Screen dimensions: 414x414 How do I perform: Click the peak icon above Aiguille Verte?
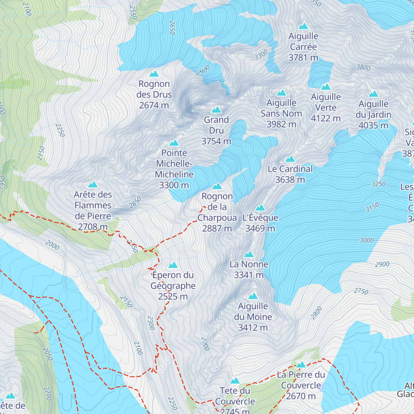pyautogui.click(x=326, y=87)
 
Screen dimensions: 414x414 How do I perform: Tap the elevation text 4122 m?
pyautogui.click(x=326, y=118)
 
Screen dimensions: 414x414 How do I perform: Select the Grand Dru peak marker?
pyautogui.click(x=216, y=110)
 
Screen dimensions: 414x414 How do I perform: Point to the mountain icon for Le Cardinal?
pyautogui.click(x=290, y=159)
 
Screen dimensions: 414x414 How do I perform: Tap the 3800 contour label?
pyautogui.click(x=363, y=68)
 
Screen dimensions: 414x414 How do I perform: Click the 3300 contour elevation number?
pyautogui.click(x=261, y=55)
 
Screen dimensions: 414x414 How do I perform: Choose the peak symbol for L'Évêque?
pyautogui.click(x=260, y=208)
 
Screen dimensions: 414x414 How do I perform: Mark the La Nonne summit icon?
pyautogui.click(x=249, y=254)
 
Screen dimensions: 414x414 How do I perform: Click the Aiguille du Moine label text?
pyautogui.click(x=253, y=312)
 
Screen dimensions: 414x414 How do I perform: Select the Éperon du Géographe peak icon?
pyautogui.click(x=173, y=265)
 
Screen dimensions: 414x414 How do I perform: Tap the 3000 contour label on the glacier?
pyautogui.click(x=366, y=240)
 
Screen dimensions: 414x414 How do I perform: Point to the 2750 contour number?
pyautogui.click(x=361, y=291)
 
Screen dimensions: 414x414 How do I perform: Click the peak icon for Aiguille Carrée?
pyautogui.click(x=303, y=26)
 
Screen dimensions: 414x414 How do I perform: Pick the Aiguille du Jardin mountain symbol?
pyautogui.click(x=373, y=94)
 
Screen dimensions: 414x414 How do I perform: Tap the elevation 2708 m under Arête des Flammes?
pyautogui.click(x=93, y=227)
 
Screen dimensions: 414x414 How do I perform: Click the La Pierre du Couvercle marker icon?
pyautogui.click(x=301, y=365)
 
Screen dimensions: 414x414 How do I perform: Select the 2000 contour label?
pyautogui.click(x=52, y=245)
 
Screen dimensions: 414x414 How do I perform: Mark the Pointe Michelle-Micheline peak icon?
pyautogui.click(x=174, y=143)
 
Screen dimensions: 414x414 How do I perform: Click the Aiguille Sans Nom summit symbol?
pyautogui.click(x=282, y=93)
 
